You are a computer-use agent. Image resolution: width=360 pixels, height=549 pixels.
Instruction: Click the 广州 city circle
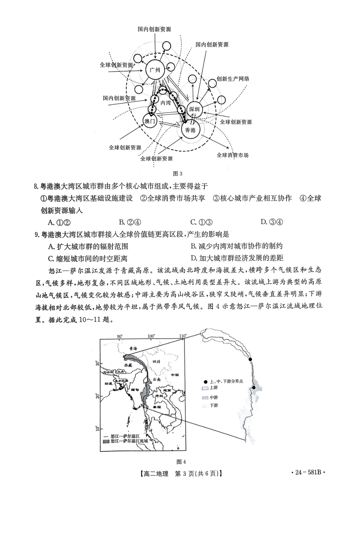[155, 70]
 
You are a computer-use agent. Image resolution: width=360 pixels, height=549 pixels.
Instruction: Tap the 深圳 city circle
[194, 109]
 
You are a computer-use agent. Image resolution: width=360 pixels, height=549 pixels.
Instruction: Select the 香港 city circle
[190, 130]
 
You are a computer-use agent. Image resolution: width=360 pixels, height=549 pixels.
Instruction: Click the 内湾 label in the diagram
[166, 103]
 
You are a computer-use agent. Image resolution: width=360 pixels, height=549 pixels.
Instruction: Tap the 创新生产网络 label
[233, 79]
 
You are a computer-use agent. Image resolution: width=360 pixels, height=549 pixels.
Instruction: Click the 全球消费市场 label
[233, 155]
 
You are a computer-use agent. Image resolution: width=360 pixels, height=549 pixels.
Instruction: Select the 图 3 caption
[177, 174]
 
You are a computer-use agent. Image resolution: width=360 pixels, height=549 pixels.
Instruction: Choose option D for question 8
[272, 222]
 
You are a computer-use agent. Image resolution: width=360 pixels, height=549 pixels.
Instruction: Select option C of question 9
[88, 258]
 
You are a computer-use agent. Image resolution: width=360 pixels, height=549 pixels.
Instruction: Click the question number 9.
[37, 235]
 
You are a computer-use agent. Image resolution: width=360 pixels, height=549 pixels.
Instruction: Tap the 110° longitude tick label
[182, 336]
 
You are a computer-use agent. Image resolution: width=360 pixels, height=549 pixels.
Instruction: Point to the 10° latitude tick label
[98, 428]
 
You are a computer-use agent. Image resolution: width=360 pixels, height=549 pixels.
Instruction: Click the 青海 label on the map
[132, 349]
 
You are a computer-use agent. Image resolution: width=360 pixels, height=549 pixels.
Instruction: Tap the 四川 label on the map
[156, 361]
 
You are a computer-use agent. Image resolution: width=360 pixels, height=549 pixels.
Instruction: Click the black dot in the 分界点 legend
[205, 382]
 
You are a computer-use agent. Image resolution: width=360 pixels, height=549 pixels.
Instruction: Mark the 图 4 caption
[181, 461]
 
